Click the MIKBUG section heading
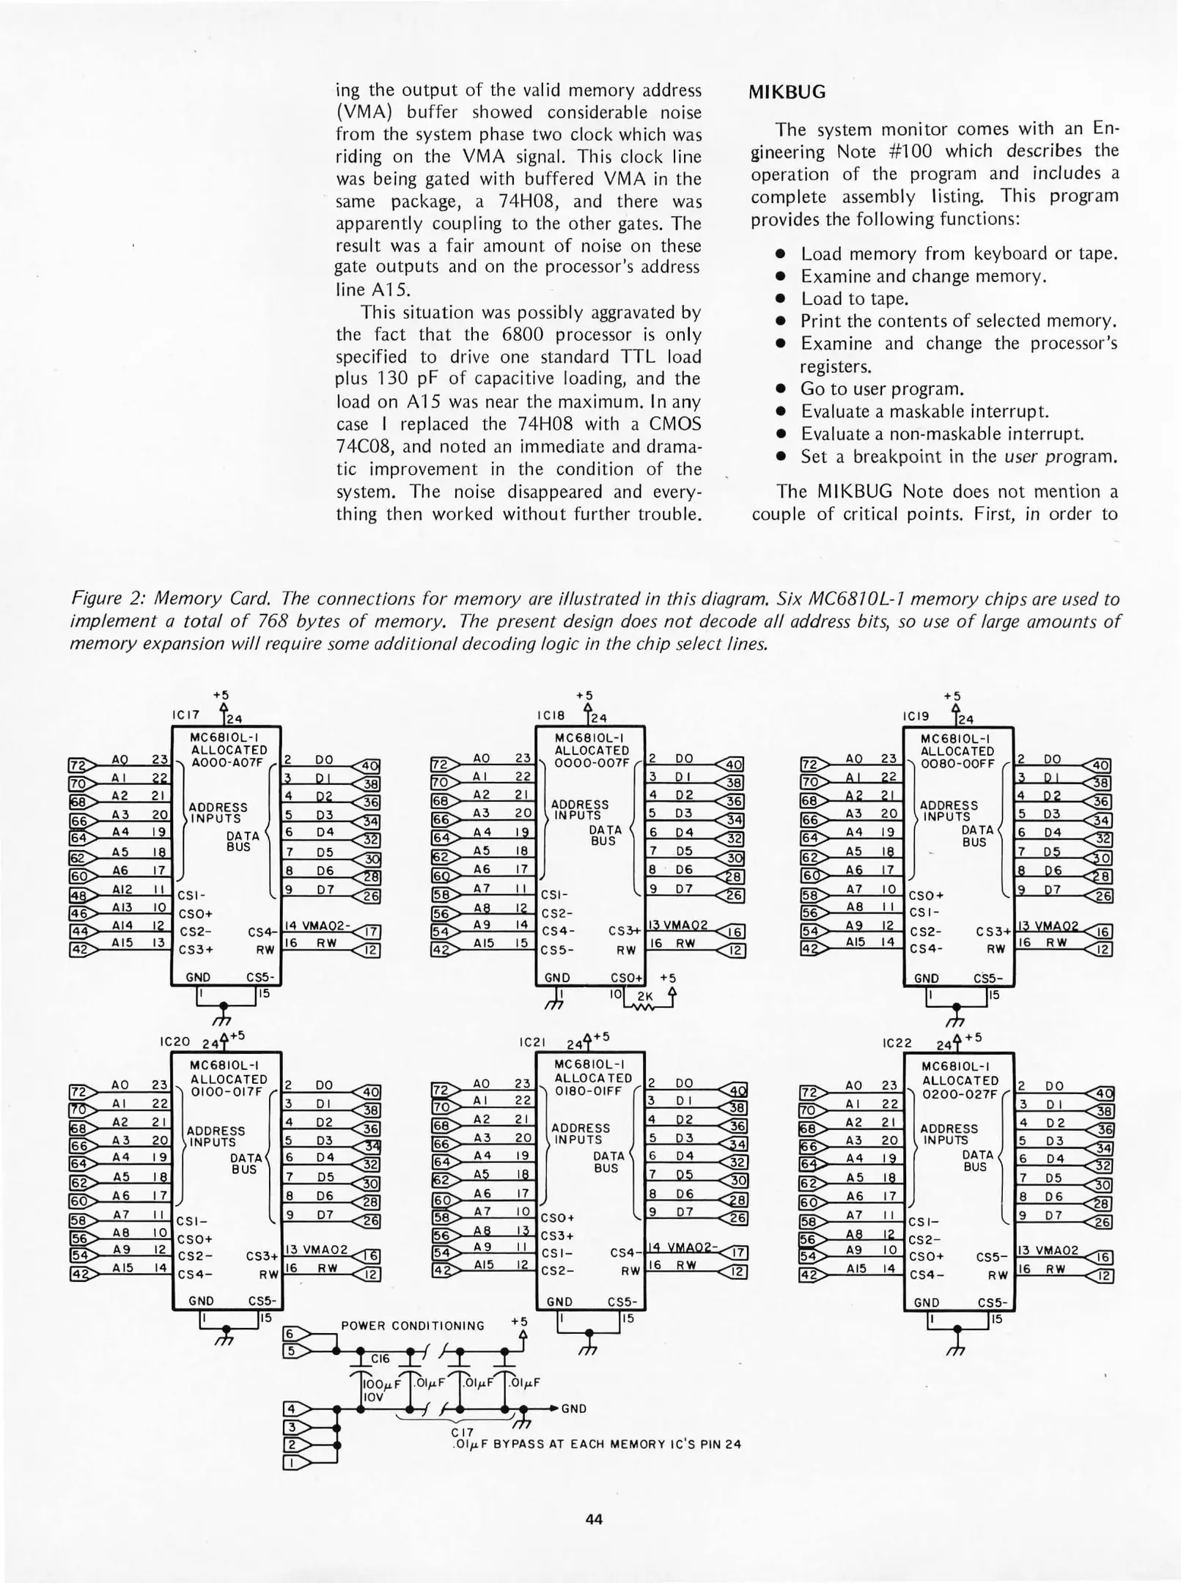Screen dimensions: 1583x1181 tap(787, 92)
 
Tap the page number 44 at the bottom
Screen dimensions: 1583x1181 tap(594, 1519)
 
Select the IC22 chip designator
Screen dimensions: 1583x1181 tap(898, 1042)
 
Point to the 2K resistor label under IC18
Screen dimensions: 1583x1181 tap(645, 997)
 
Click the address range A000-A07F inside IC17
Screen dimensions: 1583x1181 tap(226, 761)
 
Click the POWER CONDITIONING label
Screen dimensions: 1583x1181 tap(413, 1325)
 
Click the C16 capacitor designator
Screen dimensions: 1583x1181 tap(380, 1359)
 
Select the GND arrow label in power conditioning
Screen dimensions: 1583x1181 tap(573, 1408)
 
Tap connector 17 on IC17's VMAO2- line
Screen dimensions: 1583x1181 tap(371, 931)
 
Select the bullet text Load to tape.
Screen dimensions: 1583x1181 tap(854, 298)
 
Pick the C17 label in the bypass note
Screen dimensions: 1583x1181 tap(462, 1431)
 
